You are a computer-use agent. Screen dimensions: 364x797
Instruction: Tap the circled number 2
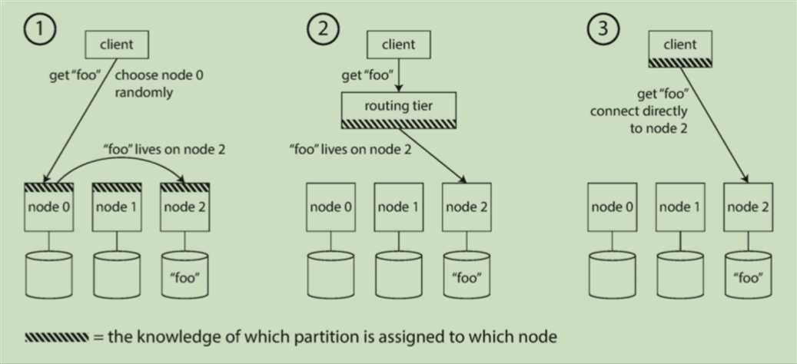(320, 31)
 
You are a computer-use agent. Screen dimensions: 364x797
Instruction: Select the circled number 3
(600, 31)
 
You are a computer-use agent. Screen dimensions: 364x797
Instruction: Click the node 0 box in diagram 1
(49, 207)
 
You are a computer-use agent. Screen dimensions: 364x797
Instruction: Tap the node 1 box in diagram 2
(399, 207)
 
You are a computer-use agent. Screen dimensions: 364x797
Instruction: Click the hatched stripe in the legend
(58, 336)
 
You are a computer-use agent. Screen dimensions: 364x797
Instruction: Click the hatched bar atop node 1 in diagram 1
(117, 187)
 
